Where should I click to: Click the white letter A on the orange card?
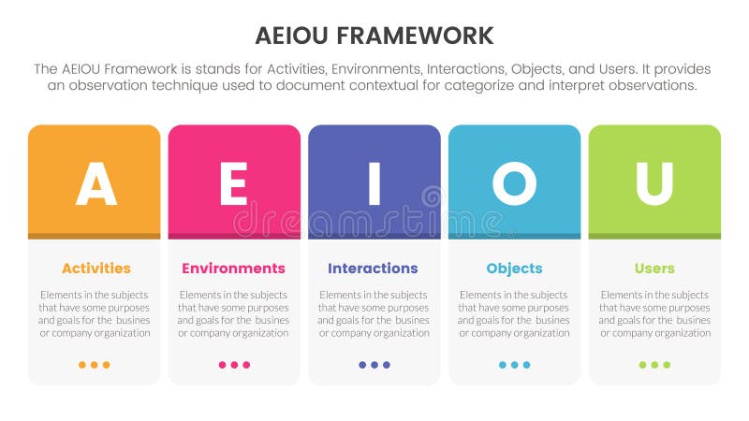(95, 183)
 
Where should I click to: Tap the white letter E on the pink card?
(233, 183)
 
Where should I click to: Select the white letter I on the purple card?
(374, 183)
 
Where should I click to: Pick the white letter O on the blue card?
(514, 183)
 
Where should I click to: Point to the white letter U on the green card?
(654, 183)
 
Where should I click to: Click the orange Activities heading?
(96, 269)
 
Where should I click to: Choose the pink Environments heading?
(233, 269)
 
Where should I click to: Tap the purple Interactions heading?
(373, 269)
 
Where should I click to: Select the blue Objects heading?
(514, 269)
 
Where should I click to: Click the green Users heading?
(654, 269)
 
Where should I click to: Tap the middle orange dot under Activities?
(95, 365)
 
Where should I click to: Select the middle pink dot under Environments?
(234, 365)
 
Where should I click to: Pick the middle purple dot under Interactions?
(374, 365)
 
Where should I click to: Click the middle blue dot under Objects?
(515, 365)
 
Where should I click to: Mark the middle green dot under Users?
(654, 365)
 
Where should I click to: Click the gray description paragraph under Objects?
(514, 313)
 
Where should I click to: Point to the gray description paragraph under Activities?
(95, 313)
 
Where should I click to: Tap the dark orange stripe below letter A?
(95, 236)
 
